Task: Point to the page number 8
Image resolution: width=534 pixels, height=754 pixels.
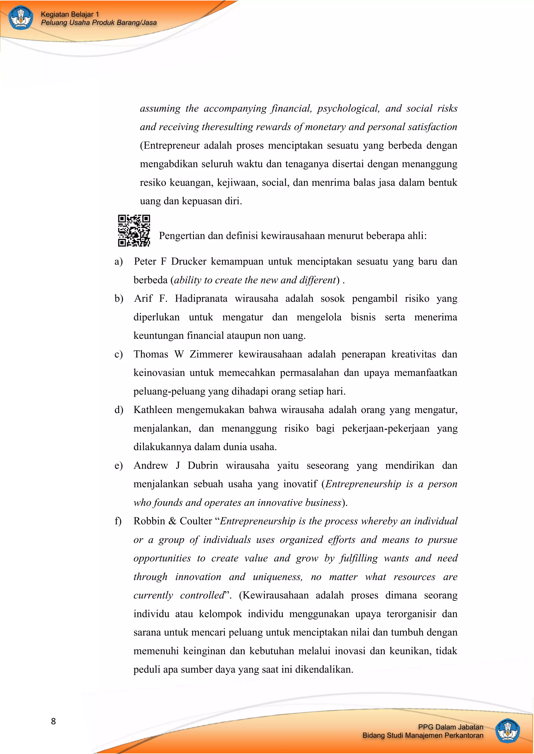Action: [x=53, y=721]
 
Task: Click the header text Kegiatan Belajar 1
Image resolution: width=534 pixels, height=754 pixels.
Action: [x=70, y=14]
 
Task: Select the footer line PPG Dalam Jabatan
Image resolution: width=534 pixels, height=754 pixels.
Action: [x=451, y=727]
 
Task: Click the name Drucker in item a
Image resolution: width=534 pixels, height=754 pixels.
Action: [x=189, y=261]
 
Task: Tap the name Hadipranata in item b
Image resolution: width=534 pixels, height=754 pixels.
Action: [x=201, y=298]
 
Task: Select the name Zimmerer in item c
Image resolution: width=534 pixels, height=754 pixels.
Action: [x=211, y=354]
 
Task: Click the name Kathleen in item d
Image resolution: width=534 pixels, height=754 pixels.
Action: [x=153, y=410]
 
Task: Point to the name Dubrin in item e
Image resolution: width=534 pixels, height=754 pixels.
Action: [x=203, y=466]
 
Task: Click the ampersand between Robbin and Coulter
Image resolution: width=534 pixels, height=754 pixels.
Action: [x=172, y=521]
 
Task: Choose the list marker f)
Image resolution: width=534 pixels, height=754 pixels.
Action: [x=118, y=521]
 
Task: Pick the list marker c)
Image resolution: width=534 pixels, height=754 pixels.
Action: [x=118, y=354]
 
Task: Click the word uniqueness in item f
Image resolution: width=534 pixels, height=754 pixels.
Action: [x=277, y=577]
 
